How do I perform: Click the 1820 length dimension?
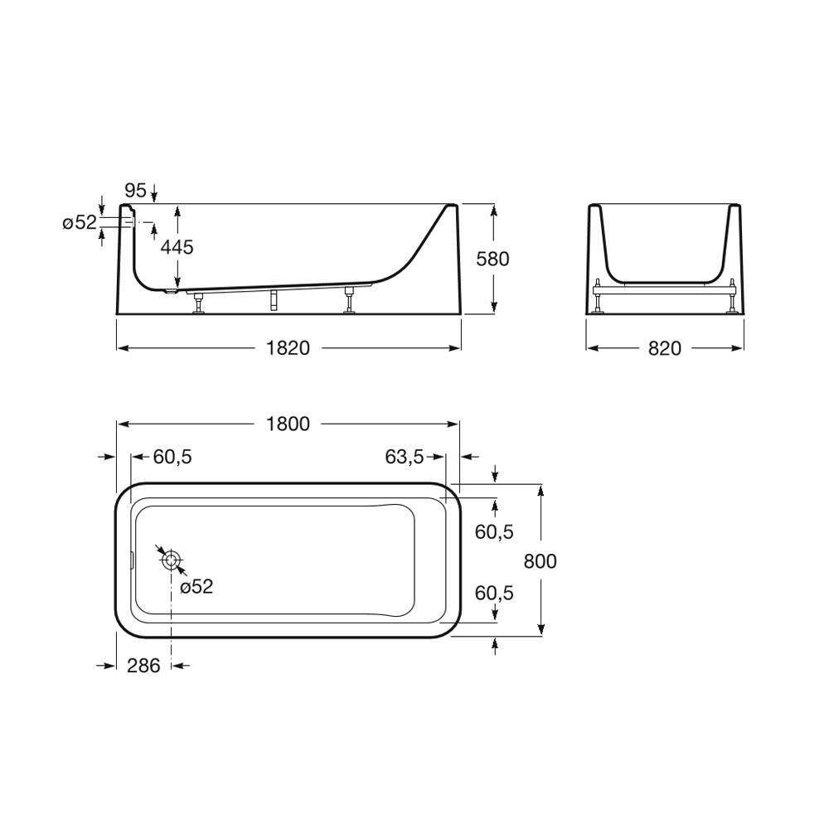288,348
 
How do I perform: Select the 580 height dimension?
492,259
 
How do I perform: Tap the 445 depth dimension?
177,247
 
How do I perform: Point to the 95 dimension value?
136,191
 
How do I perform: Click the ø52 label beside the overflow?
80,222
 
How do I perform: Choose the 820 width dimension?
665,348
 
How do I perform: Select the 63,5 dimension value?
405,457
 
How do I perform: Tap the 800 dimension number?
541,561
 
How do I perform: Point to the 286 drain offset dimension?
143,666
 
